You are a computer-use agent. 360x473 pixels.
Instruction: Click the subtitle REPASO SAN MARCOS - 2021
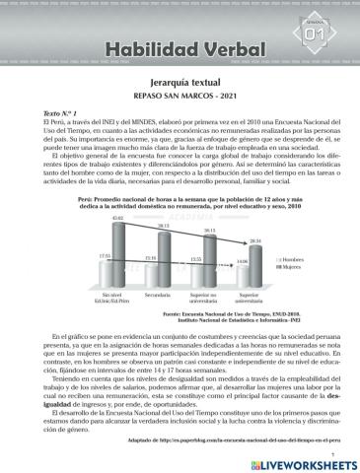point(180,99)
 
